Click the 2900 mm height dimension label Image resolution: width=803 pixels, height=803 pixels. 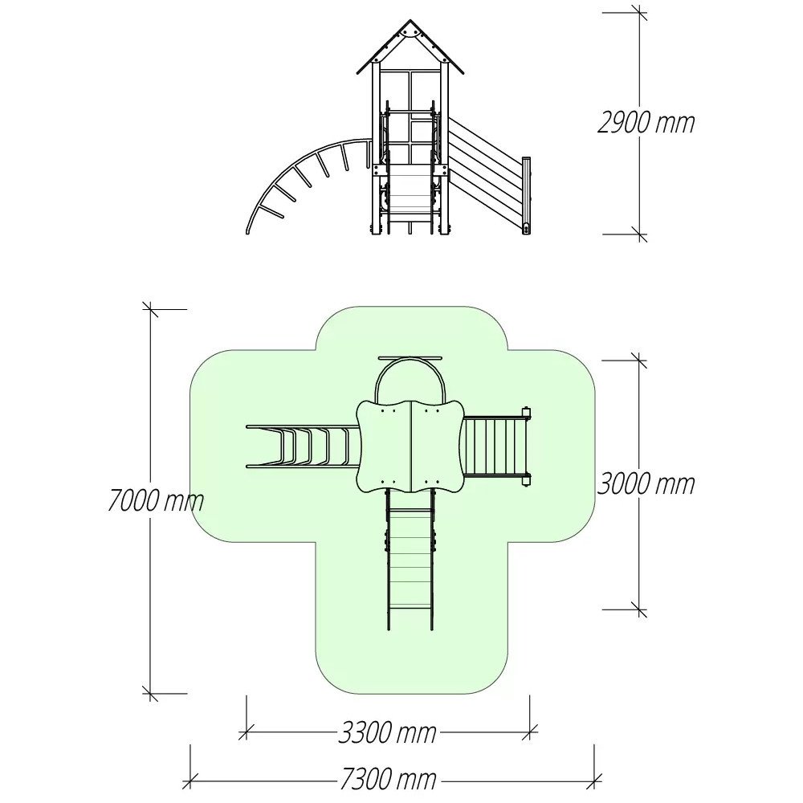(x=646, y=124)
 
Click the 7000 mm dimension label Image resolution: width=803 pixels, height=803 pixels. (x=156, y=500)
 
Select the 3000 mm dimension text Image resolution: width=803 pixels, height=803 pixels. (x=646, y=484)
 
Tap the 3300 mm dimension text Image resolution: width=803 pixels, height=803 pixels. (x=388, y=733)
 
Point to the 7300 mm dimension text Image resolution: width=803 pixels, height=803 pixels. (x=388, y=780)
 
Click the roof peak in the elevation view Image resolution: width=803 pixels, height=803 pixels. (x=410, y=21)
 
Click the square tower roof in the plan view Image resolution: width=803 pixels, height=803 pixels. (x=410, y=446)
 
